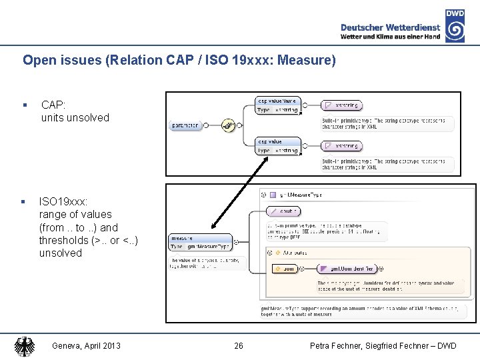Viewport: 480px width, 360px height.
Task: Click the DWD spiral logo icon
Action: pyautogui.click(x=455, y=31)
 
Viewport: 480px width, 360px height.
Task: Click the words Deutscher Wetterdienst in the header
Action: pyautogui.click(x=390, y=27)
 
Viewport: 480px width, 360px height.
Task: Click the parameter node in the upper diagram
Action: pyautogui.click(x=186, y=125)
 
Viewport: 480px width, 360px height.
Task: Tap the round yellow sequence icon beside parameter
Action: pyautogui.click(x=229, y=125)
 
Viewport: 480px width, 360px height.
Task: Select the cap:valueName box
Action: pyautogui.click(x=278, y=105)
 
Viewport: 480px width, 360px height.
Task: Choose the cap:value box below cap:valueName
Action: pyautogui.click(x=278, y=145)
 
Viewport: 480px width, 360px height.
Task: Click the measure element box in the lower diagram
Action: pyautogui.click(x=201, y=242)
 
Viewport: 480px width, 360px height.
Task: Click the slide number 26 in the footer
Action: pyautogui.click(x=239, y=346)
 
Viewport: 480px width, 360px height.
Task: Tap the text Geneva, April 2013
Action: pyautogui.click(x=86, y=346)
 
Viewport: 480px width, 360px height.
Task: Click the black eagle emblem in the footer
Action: pyautogui.click(x=25, y=346)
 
